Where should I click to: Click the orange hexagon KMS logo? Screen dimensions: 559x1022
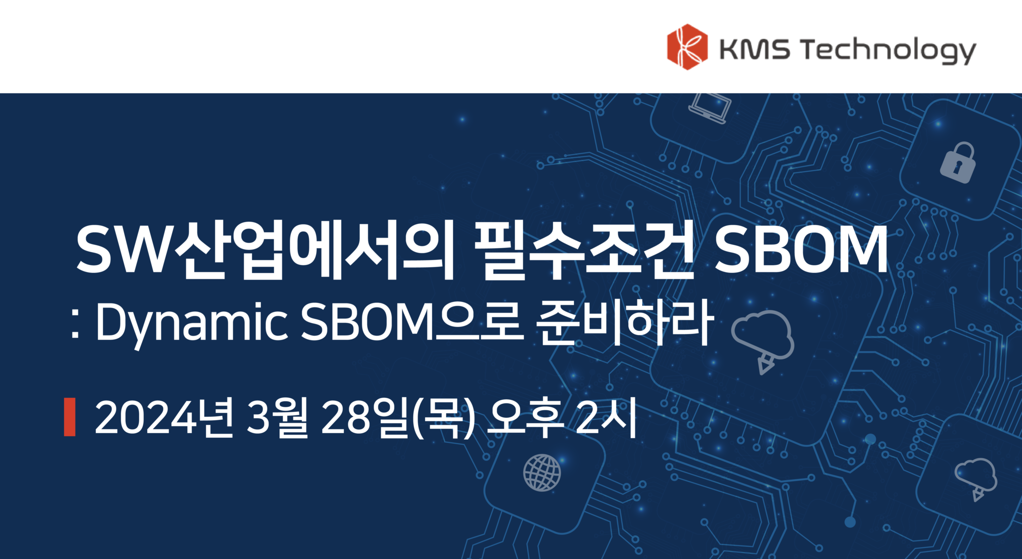coord(687,47)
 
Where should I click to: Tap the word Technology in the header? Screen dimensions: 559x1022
coord(888,50)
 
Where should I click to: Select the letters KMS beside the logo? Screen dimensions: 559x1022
coord(754,49)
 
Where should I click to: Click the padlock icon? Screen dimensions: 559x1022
coord(958,162)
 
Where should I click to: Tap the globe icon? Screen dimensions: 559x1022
coord(542,472)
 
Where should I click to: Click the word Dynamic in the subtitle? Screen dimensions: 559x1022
coord(192,323)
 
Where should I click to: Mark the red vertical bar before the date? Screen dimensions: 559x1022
coord(70,417)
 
